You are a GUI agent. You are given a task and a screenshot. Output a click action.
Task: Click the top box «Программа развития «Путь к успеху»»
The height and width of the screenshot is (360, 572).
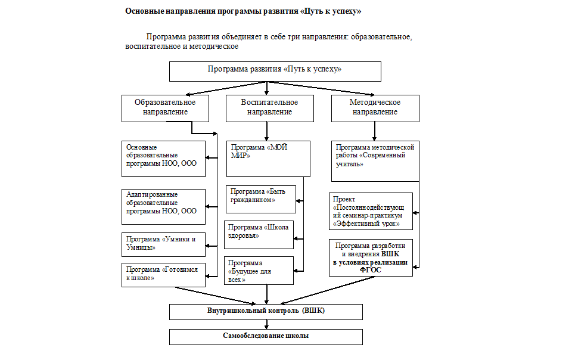tap(275, 71)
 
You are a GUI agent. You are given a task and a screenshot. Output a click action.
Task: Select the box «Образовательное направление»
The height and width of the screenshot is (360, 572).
tap(165, 108)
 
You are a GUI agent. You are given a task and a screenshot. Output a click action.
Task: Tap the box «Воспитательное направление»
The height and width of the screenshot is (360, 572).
tap(269, 108)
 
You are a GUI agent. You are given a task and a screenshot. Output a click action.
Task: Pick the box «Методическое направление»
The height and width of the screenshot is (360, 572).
tap(375, 108)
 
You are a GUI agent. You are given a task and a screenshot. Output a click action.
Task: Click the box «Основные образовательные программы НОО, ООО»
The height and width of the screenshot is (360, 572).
tap(163, 159)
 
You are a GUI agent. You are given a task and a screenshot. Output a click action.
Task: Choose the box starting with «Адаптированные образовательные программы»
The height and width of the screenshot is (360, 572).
tap(163, 207)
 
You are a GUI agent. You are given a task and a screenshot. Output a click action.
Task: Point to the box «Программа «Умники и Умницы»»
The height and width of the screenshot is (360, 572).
tap(163, 244)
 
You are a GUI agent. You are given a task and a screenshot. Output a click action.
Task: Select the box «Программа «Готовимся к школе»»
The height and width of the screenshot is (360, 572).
tap(163, 275)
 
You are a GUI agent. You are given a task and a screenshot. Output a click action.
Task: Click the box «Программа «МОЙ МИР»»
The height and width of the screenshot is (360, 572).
tap(268, 159)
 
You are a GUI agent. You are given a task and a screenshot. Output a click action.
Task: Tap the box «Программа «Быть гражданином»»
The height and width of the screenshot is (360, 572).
tap(261, 199)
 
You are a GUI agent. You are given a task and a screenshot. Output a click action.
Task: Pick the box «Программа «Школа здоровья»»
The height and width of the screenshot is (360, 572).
tap(259, 235)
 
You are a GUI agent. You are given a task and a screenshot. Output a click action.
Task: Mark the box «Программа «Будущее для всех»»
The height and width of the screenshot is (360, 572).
tap(259, 271)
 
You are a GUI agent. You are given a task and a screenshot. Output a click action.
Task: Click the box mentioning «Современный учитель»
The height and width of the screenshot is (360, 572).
tap(375, 161)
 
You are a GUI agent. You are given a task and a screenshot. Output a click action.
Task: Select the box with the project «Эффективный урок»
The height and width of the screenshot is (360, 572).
tap(371, 211)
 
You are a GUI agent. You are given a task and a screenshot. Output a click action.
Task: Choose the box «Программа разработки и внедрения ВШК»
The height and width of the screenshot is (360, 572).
tap(371, 257)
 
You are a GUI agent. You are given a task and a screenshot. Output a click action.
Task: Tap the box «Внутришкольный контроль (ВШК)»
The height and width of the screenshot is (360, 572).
tap(266, 312)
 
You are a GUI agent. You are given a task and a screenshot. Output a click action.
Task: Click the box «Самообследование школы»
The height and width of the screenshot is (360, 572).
tap(266, 337)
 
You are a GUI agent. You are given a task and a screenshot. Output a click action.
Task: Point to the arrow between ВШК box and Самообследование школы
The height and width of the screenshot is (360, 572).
tap(267, 325)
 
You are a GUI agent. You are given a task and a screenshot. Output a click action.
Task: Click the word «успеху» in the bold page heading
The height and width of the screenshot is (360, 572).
tap(346, 11)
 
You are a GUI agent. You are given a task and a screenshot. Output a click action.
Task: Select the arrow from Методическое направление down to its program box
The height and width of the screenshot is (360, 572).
tap(375, 131)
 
